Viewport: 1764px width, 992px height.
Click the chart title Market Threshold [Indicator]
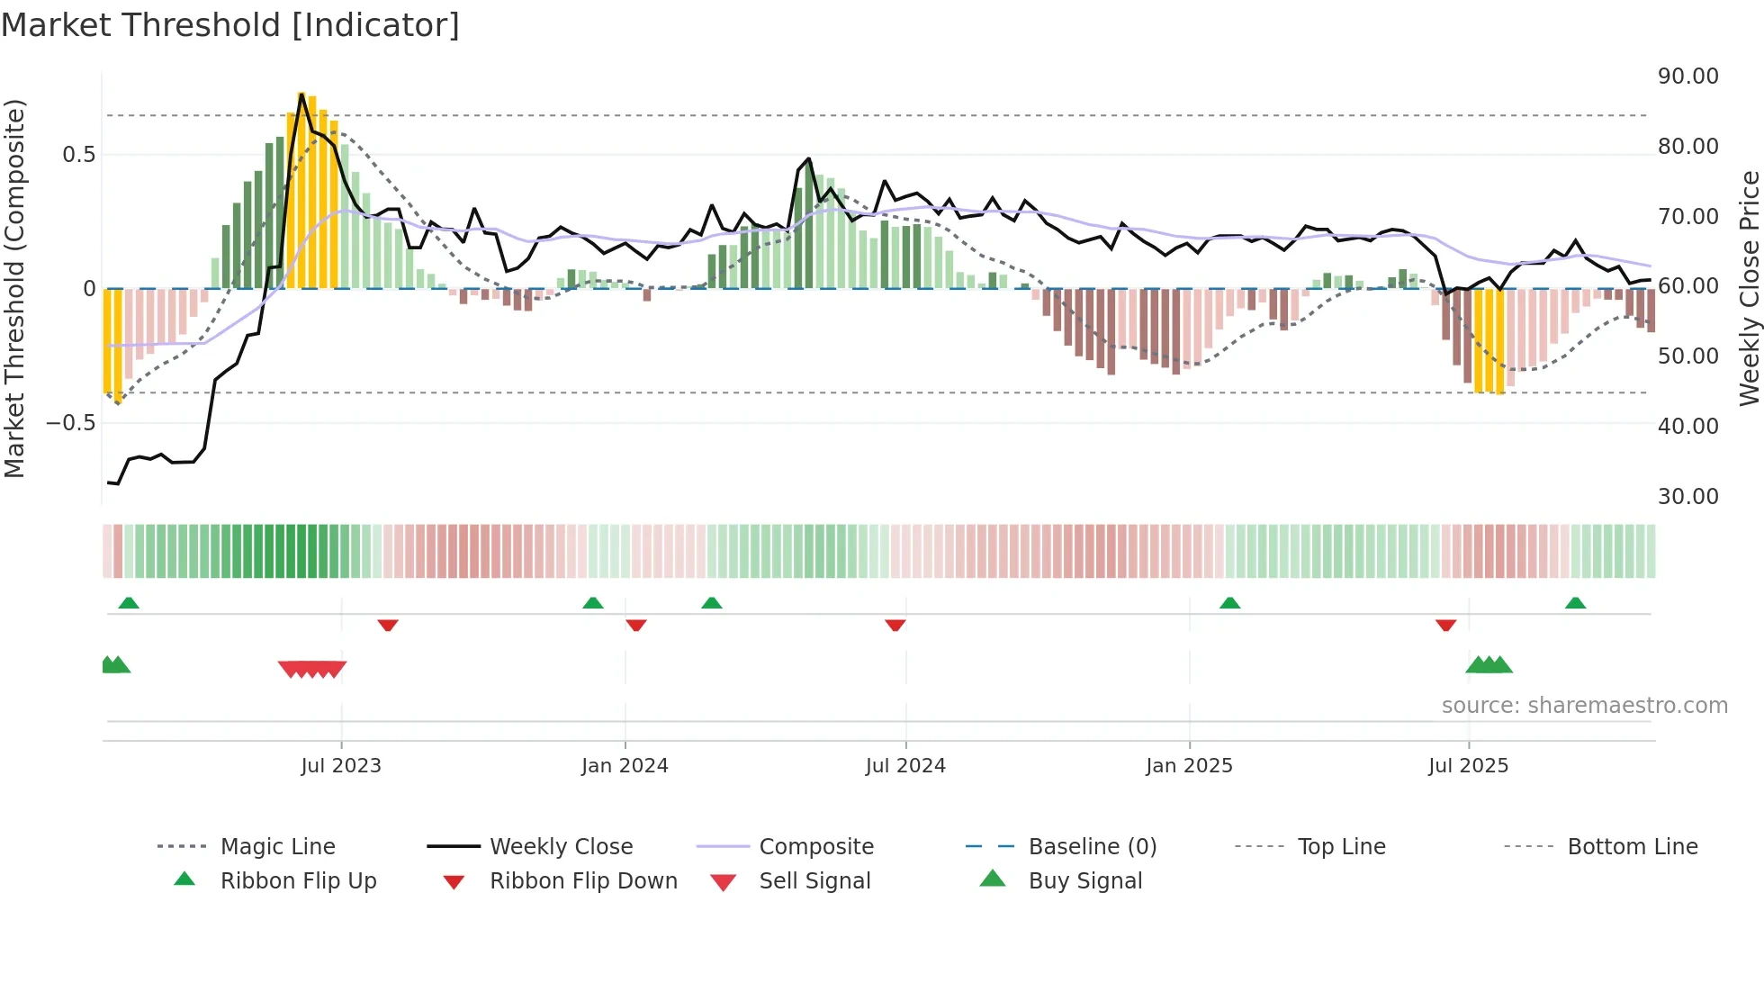coord(230,25)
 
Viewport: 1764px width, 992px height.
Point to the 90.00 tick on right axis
coord(1687,77)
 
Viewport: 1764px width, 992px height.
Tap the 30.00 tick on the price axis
coord(1687,497)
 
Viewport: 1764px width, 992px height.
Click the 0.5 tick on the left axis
coord(79,155)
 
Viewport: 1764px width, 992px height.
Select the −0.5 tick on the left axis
coord(71,423)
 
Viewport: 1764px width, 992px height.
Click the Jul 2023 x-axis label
coord(341,766)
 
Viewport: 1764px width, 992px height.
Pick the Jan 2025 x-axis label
coord(1189,766)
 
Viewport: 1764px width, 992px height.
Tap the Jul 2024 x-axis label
coord(905,766)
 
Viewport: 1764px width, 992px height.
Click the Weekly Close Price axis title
coord(1749,288)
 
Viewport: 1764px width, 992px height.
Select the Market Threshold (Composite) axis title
coord(14,288)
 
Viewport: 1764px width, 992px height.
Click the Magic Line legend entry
coord(277,847)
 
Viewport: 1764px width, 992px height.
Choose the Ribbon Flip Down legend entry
coord(583,881)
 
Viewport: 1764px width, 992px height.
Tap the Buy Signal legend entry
coord(1084,881)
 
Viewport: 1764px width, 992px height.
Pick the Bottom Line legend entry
coord(1632,847)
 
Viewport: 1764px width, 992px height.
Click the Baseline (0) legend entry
coord(1092,847)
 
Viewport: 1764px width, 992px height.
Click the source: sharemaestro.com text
coord(1584,706)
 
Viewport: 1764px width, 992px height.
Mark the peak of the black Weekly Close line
coord(301,93)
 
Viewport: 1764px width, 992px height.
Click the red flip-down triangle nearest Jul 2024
coord(895,625)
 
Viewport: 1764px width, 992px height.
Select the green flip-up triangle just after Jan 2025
coord(1229,603)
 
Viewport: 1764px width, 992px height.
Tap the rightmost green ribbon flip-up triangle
coord(1575,603)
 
